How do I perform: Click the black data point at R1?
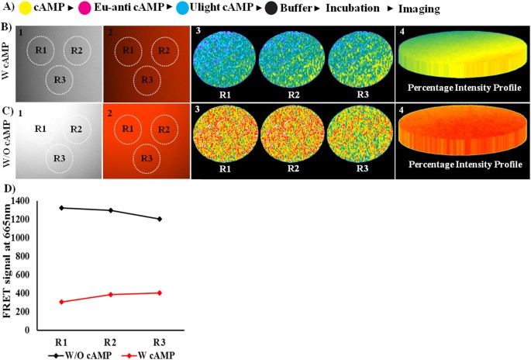[x=61, y=208]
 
